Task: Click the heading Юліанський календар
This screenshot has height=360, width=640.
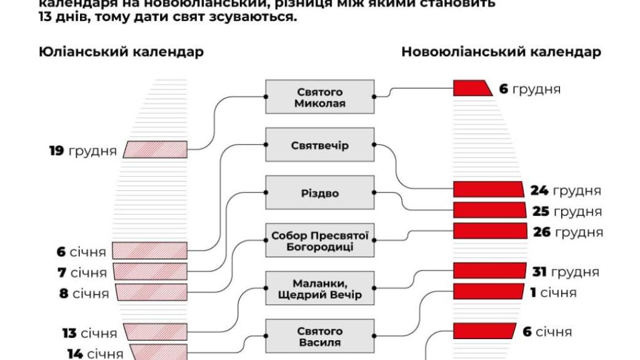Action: [x=121, y=52]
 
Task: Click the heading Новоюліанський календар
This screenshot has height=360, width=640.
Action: [x=501, y=52]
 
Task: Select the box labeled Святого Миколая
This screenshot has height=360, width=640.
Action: [x=320, y=97]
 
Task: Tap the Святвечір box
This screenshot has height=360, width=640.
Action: [x=320, y=145]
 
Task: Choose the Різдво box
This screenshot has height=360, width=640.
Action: [x=320, y=193]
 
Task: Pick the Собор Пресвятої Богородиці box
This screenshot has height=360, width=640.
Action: [x=320, y=241]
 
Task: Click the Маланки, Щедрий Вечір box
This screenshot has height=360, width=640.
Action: [x=320, y=289]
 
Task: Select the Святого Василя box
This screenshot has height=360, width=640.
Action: [x=320, y=336]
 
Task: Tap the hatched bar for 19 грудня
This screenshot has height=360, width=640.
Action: [x=156, y=149]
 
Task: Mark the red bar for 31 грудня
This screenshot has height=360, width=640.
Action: [x=489, y=271]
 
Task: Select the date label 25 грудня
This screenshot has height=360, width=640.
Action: [x=566, y=211]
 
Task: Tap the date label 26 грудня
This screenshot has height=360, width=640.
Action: [x=567, y=232]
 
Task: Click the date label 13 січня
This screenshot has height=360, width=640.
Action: [x=89, y=333]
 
